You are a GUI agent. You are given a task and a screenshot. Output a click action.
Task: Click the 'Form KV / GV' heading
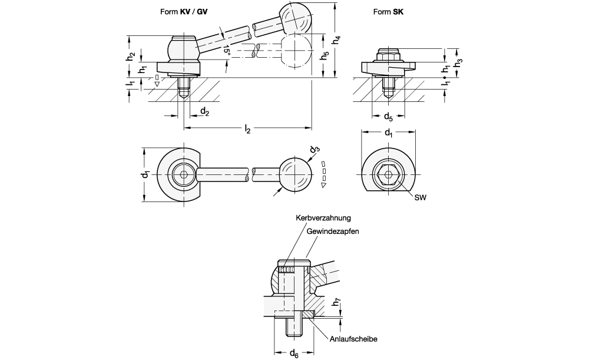click(184, 12)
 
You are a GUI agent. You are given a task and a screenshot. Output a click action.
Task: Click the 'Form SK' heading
click(388, 12)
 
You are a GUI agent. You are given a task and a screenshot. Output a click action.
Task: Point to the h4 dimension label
click(337, 39)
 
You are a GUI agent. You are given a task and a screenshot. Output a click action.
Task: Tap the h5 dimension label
click(325, 55)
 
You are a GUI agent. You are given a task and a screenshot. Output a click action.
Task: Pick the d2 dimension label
click(205, 111)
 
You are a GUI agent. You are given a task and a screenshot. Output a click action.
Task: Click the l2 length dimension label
click(247, 129)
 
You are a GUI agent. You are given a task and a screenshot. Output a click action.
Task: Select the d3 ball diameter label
click(315, 150)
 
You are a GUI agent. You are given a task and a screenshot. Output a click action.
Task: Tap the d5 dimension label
click(388, 117)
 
